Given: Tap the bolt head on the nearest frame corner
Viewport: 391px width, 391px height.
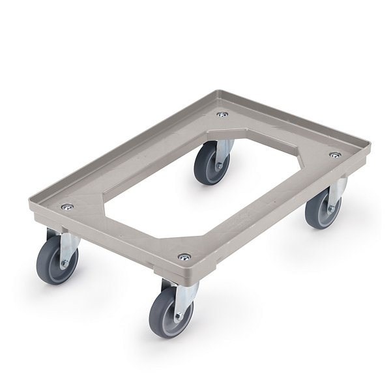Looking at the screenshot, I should click(x=184, y=257).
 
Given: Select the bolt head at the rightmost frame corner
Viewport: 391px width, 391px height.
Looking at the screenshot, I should click(x=334, y=155).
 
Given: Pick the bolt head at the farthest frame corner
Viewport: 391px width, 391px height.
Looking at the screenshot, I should click(x=223, y=115).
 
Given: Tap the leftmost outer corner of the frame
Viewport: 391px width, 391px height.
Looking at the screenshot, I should click(x=29, y=205).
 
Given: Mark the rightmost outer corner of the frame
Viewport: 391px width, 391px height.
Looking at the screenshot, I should click(x=369, y=146).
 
